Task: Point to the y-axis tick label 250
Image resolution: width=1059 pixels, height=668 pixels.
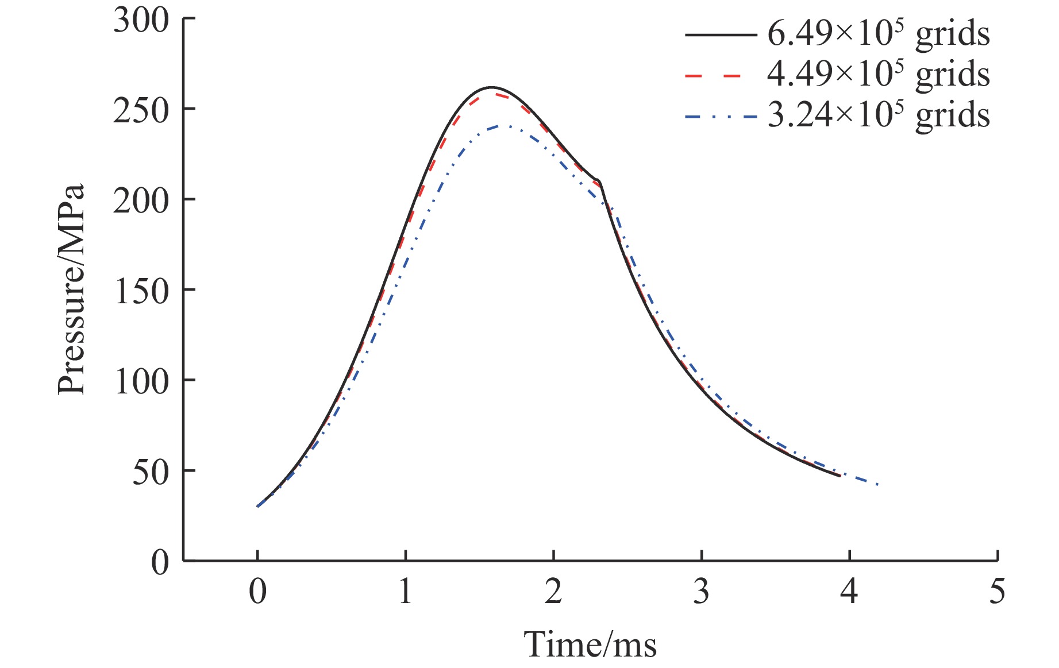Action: point(141,110)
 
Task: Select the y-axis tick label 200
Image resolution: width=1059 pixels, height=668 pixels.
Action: point(141,200)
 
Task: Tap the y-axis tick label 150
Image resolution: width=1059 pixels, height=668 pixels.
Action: point(141,291)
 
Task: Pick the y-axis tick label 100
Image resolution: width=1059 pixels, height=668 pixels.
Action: point(141,381)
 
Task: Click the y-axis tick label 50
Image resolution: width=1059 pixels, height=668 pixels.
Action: point(151,472)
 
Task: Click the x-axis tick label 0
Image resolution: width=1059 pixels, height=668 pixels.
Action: point(258,591)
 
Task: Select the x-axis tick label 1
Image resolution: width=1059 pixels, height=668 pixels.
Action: point(406,591)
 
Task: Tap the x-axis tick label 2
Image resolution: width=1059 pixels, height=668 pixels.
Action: point(553,591)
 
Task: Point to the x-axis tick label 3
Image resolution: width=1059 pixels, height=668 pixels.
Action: point(701,591)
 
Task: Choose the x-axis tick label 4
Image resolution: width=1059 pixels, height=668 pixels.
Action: point(849,591)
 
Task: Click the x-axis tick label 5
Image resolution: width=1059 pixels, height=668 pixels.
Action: point(997,591)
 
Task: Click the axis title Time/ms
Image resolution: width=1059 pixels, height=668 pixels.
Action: point(590,644)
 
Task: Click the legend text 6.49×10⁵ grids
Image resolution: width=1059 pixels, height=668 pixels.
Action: point(879,34)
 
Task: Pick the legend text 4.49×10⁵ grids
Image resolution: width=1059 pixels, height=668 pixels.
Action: point(879,75)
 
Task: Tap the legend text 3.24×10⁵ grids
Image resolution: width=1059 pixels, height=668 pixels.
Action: point(879,115)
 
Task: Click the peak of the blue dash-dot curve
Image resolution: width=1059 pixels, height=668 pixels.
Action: point(504,125)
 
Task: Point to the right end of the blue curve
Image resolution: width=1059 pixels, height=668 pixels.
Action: point(877,485)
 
